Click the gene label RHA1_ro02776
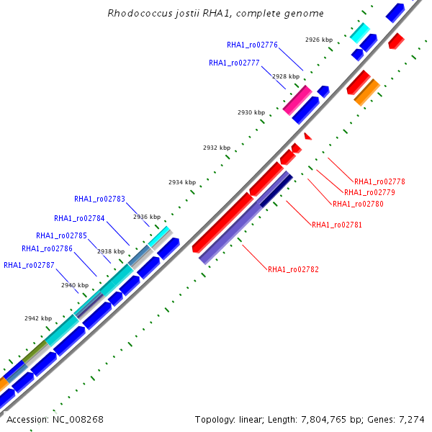click(x=252, y=45)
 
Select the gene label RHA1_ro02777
click(x=234, y=63)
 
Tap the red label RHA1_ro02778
click(x=379, y=181)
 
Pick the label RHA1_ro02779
click(x=369, y=192)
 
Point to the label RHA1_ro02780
click(x=358, y=204)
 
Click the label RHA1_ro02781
click(x=337, y=225)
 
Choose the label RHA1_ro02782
click(x=293, y=269)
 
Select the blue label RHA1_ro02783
click(x=99, y=199)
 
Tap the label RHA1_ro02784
click(x=79, y=218)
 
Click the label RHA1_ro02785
click(x=61, y=235)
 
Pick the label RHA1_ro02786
click(x=47, y=248)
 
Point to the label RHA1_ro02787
click(x=29, y=265)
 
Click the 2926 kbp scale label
click(x=319, y=40)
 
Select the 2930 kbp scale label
click(x=251, y=112)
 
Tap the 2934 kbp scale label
click(x=182, y=182)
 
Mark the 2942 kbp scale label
click(x=38, y=318)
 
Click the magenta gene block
click(x=297, y=100)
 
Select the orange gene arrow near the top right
click(x=367, y=91)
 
